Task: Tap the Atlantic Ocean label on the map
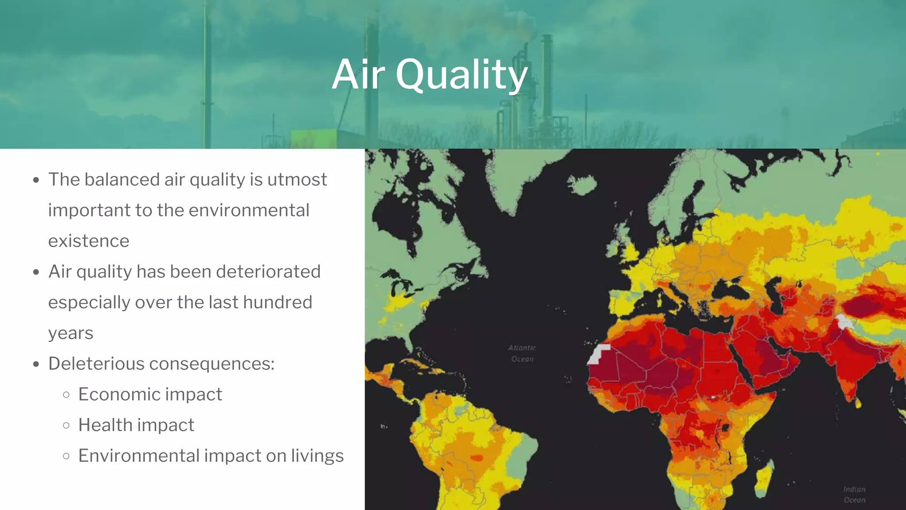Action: click(522, 353)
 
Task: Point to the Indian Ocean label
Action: click(854, 495)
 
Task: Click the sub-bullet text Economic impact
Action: click(150, 394)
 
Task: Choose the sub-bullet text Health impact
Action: click(136, 425)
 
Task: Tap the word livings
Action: click(317, 456)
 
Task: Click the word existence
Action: click(88, 241)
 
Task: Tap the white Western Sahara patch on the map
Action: click(598, 354)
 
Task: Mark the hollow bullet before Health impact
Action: click(66, 425)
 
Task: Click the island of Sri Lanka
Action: click(858, 402)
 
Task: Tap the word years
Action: click(71, 333)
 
